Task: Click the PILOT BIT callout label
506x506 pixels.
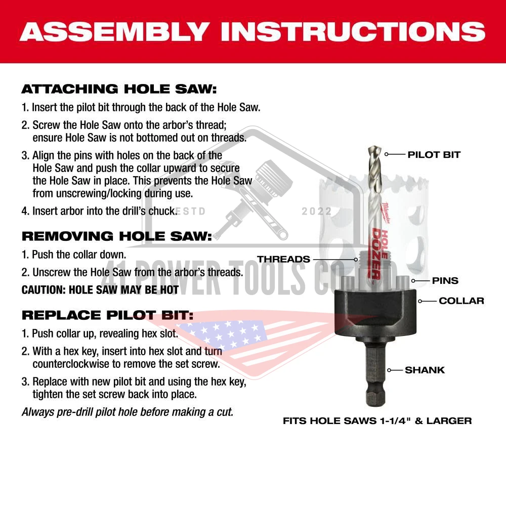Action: pos(434,154)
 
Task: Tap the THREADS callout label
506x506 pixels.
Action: pos(284,259)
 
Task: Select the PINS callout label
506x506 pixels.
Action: pos(445,280)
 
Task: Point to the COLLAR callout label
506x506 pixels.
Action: pos(461,301)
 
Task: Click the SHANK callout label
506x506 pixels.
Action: pos(425,370)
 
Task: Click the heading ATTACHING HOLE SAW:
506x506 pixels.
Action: pos(119,89)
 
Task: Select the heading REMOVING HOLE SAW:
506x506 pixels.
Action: pos(117,236)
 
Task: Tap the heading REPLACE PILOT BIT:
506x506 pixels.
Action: pos(107,315)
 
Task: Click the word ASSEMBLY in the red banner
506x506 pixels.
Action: pos(114,31)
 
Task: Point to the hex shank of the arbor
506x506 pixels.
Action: pos(375,373)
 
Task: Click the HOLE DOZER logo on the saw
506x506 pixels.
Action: pos(380,254)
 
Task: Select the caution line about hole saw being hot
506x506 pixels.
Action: pos(100,290)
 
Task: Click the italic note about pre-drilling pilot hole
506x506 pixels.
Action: pos(128,412)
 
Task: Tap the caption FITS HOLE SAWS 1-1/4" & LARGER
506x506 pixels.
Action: pos(377,421)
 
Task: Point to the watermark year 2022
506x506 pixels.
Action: pos(317,212)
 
